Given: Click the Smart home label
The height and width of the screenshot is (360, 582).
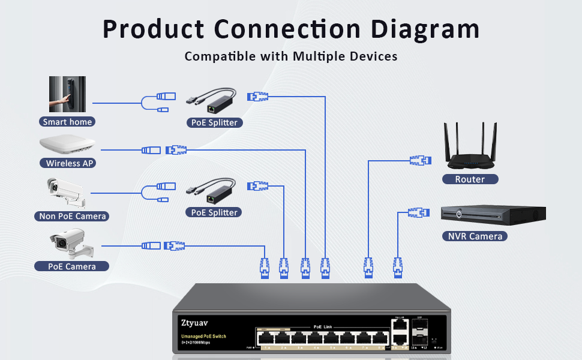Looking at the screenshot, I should (67, 122).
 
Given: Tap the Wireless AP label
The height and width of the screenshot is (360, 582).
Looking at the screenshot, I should (70, 163).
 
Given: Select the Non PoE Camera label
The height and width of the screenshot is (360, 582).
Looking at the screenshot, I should (72, 216).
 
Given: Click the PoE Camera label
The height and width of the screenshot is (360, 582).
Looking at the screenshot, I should (71, 266).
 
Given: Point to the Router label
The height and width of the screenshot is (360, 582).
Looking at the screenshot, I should (469, 179).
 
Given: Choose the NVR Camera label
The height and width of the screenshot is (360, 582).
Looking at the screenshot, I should (475, 236).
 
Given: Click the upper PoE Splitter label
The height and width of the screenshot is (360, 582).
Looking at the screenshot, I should (214, 122).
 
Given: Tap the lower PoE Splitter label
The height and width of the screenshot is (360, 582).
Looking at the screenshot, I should (214, 212).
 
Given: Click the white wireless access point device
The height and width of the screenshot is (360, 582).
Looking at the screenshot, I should (68, 145).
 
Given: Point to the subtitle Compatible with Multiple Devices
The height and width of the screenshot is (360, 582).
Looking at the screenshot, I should (291, 57).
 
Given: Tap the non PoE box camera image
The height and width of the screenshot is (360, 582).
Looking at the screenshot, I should (67, 191).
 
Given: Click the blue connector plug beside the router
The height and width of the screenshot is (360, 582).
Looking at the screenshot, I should (420, 160).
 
